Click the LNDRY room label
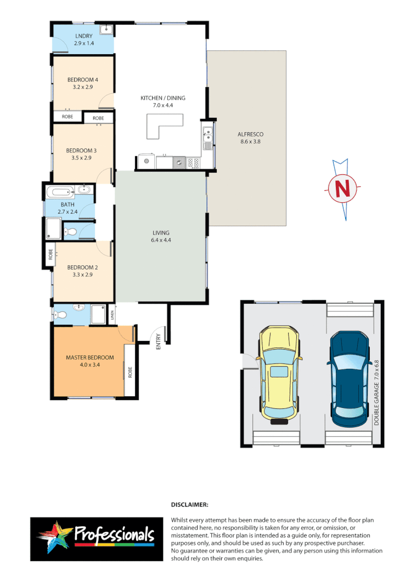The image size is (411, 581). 85,36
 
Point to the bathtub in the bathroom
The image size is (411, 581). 60,192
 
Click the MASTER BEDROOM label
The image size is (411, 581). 90,357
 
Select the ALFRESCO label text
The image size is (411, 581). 251,134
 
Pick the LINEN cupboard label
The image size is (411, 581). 111,315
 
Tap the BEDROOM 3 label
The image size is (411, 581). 82,151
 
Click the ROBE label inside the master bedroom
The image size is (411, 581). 130,373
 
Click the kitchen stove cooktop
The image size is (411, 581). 193,162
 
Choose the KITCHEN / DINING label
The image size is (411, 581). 163,98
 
